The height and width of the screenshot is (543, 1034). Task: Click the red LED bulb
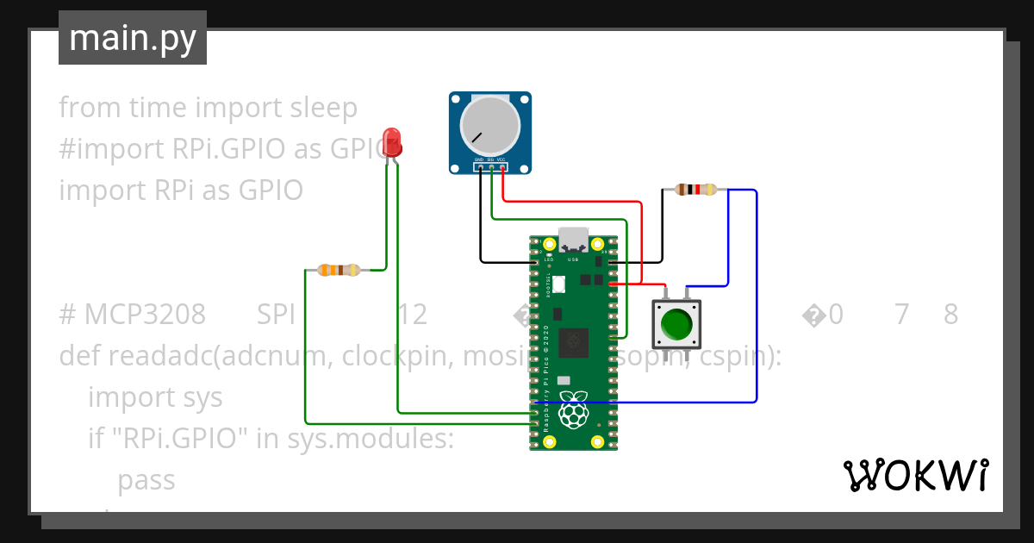click(x=391, y=141)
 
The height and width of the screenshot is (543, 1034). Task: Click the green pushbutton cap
click(x=676, y=324)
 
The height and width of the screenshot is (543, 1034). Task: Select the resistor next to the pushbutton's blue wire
click(x=695, y=190)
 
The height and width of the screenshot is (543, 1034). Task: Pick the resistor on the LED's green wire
click(x=339, y=271)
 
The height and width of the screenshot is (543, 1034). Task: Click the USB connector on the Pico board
click(x=573, y=238)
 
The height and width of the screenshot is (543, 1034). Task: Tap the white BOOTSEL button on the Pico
click(x=557, y=283)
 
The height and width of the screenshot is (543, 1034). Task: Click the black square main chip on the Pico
click(x=573, y=342)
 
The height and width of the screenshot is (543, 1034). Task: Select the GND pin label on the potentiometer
click(x=480, y=160)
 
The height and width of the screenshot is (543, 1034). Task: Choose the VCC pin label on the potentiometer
click(x=501, y=160)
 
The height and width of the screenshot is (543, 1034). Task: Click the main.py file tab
click(x=133, y=38)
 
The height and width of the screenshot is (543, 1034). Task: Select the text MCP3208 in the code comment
click(x=145, y=315)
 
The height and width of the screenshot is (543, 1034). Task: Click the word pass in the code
click(x=146, y=480)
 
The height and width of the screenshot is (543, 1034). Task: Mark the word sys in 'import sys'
click(x=202, y=397)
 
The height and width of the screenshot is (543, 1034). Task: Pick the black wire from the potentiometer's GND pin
click(x=482, y=224)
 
